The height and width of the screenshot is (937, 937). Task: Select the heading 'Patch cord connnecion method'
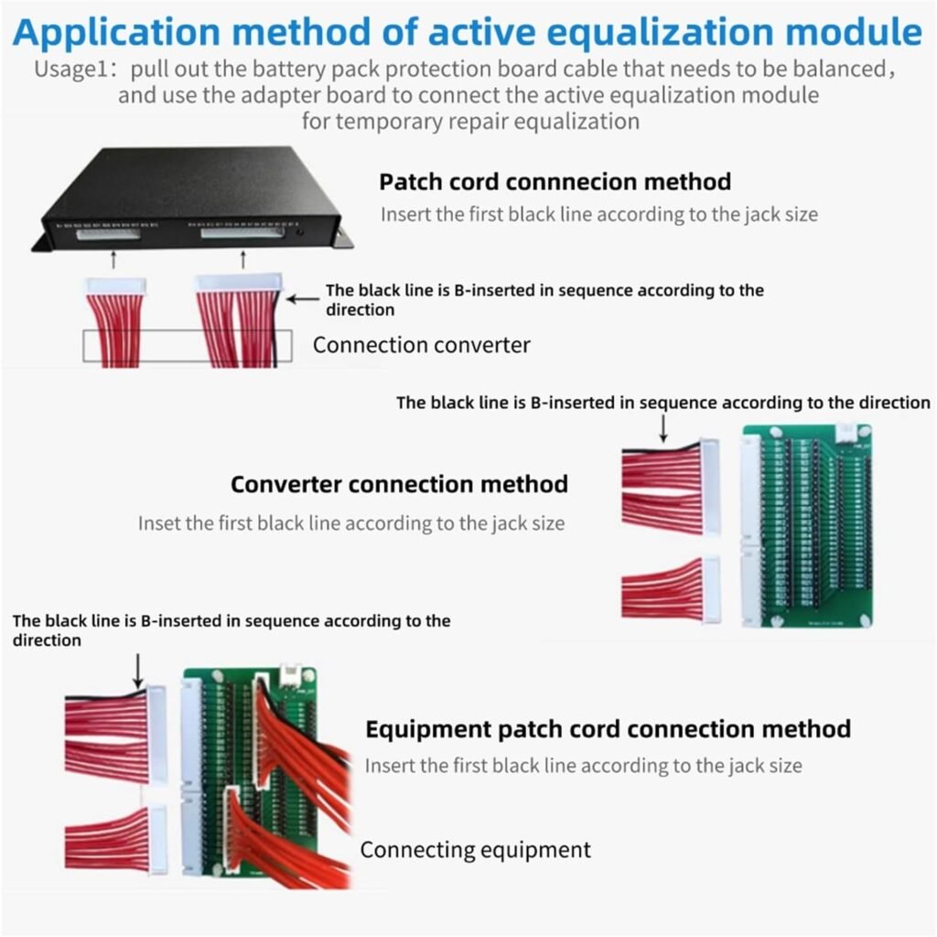(555, 181)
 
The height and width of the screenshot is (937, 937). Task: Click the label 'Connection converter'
(421, 345)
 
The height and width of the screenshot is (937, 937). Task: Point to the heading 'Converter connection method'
(399, 483)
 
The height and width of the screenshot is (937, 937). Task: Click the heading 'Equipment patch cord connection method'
(608, 728)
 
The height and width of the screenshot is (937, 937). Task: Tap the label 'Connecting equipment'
(475, 849)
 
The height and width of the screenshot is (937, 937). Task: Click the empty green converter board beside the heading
(806, 525)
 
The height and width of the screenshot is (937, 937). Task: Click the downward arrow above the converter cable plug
(663, 425)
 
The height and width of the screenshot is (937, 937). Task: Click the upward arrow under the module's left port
(113, 260)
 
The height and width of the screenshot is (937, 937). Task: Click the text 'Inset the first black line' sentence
(350, 523)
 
